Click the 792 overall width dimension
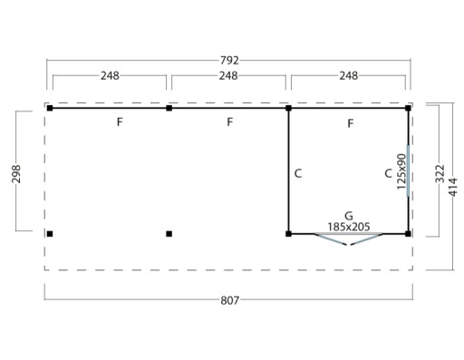coord(229,61)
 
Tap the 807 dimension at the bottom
coord(230,300)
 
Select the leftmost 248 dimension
coord(110,75)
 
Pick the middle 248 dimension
coord(228,75)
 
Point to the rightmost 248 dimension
coord(349,75)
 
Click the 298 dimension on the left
coord(16,174)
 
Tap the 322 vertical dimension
coord(440,173)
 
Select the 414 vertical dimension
coord(453,187)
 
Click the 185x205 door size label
coord(349,227)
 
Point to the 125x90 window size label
coord(401,171)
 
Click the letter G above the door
coord(349,216)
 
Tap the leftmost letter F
coord(120,122)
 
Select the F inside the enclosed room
coord(351,123)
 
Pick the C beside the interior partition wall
coord(298,173)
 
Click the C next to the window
coord(388,173)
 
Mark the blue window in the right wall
coord(408,170)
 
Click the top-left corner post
coord(50,108)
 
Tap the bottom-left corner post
coord(50,234)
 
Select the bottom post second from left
coord(169,234)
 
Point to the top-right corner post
coord(408,108)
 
